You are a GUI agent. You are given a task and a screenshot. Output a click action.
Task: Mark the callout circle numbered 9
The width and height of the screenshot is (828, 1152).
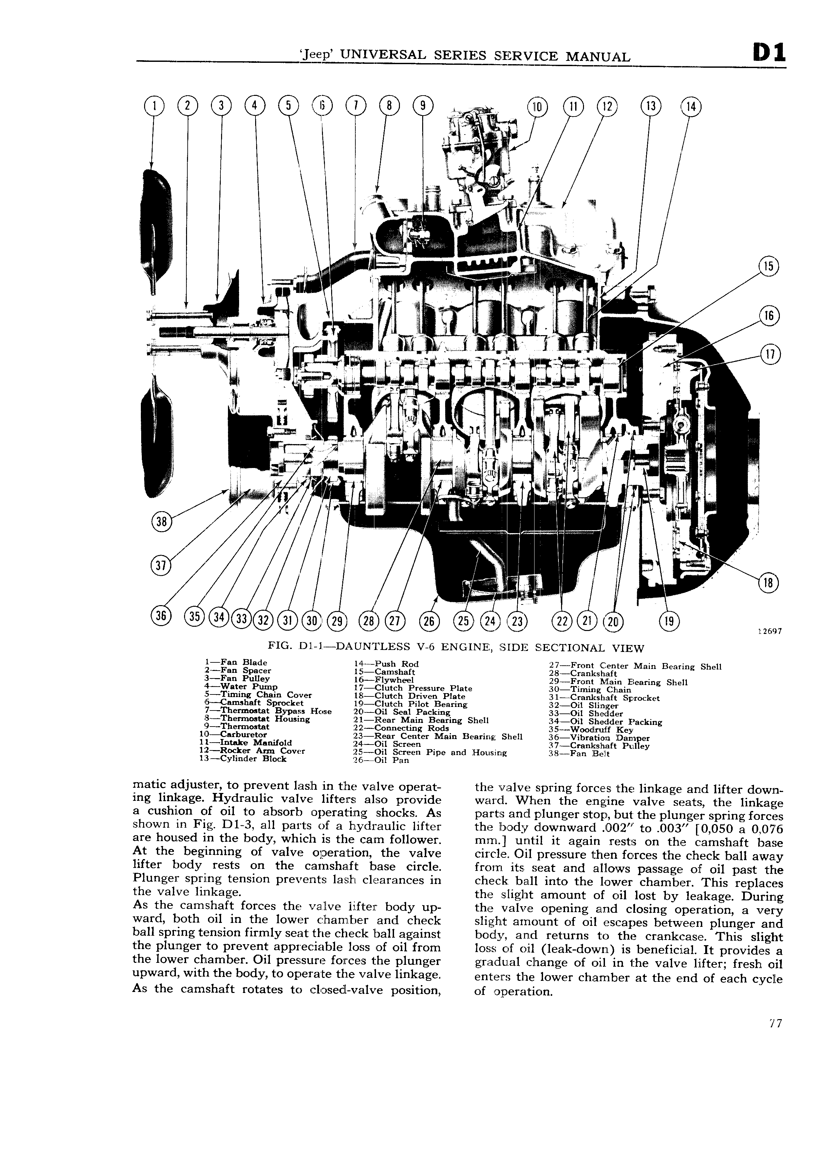tap(423, 106)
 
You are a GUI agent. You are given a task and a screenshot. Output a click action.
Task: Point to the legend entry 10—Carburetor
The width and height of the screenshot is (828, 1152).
tap(234, 734)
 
